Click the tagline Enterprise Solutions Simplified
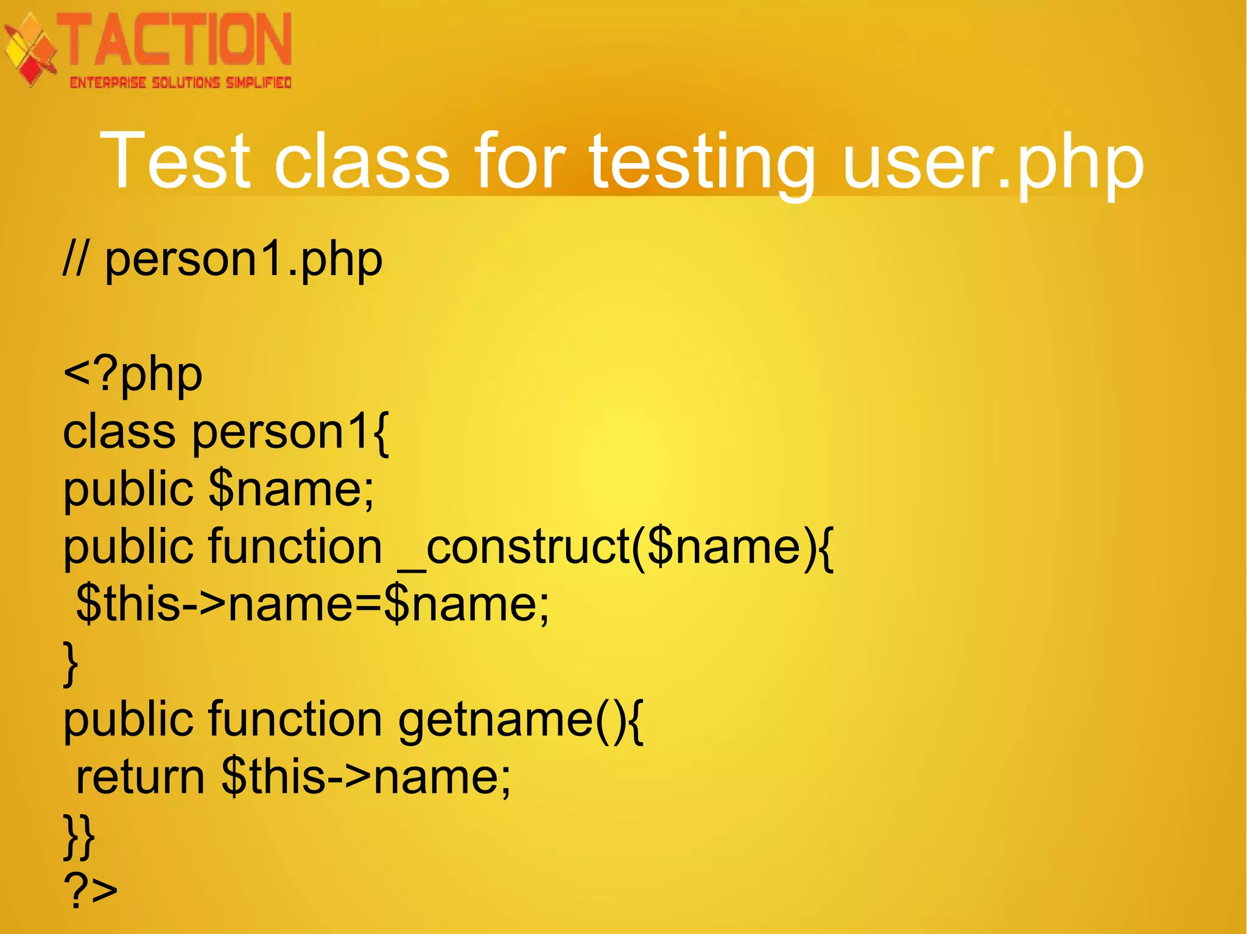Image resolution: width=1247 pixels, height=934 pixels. click(x=180, y=83)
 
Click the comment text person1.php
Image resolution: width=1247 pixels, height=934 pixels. click(x=244, y=260)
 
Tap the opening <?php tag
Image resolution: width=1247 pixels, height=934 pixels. click(x=133, y=375)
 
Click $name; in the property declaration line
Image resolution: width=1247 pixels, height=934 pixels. click(x=291, y=489)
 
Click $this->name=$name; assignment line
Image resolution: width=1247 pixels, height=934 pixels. click(x=312, y=604)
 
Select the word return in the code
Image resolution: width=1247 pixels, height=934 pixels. click(x=140, y=778)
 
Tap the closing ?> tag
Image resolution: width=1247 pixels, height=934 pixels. click(x=90, y=891)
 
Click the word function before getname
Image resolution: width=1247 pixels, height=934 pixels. click(x=295, y=719)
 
